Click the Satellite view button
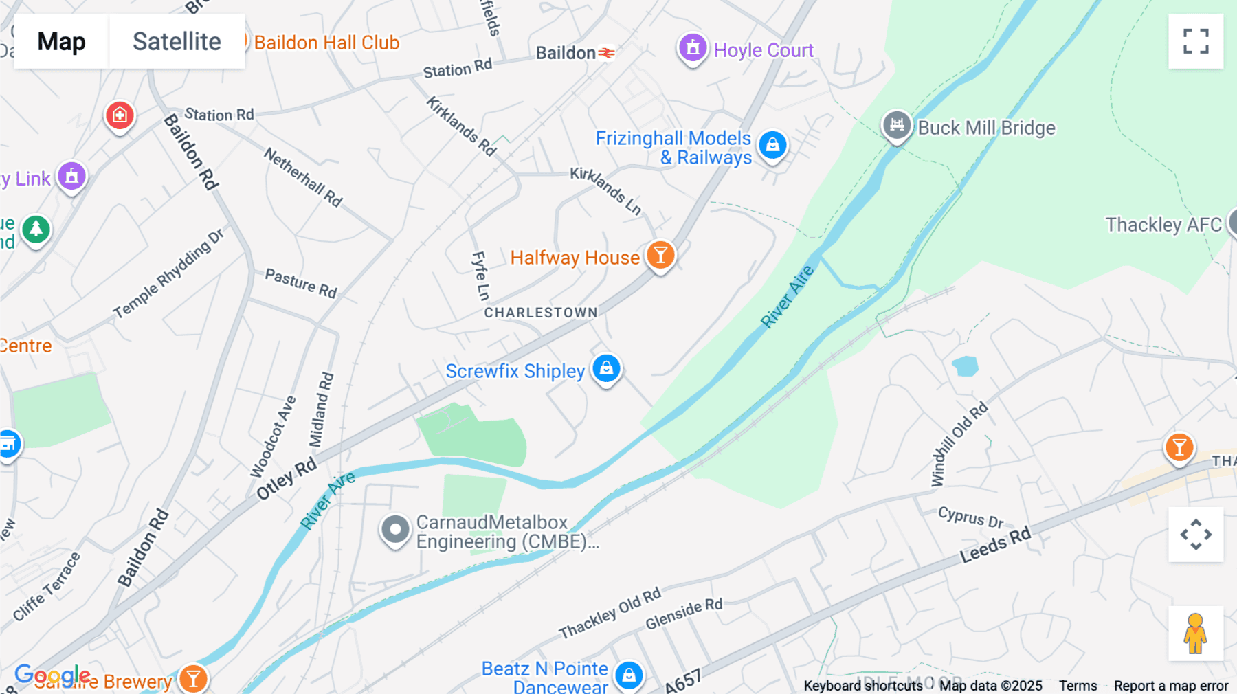[x=177, y=41]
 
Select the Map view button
[x=61, y=41]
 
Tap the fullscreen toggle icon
[x=1196, y=41]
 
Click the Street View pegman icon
[x=1196, y=633]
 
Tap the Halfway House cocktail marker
[x=660, y=255]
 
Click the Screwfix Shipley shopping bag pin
[x=606, y=368]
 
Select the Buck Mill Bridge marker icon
[x=897, y=125]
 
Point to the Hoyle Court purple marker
[x=693, y=48]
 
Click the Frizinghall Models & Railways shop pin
[x=772, y=145]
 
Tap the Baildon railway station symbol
[x=606, y=53]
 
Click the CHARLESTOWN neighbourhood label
[x=541, y=313]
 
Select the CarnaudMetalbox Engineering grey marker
[x=395, y=530]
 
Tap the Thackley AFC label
[x=1163, y=225]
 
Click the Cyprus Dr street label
[x=970, y=517]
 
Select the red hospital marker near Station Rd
[x=120, y=115]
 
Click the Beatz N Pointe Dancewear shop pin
[x=629, y=675]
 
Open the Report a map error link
[x=1171, y=686]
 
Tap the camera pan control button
[x=1196, y=535]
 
